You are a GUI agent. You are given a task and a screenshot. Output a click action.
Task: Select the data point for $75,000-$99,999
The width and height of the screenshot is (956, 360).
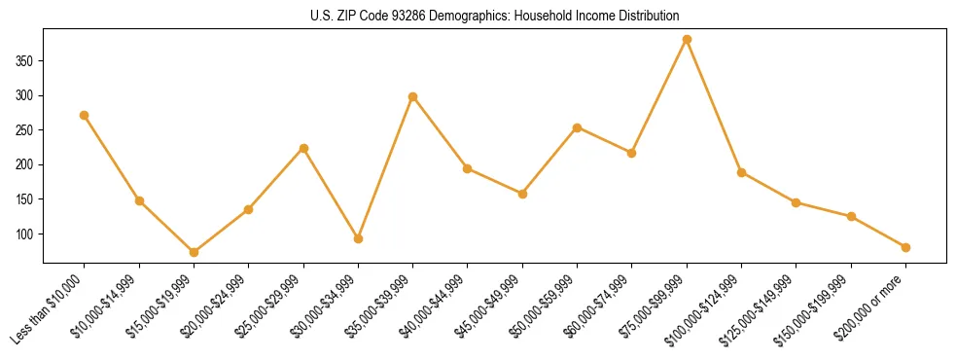(x=687, y=40)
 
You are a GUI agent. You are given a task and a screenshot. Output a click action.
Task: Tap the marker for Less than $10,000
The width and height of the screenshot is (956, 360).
(x=85, y=115)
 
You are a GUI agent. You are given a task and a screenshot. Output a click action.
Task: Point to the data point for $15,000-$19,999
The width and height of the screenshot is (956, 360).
(x=194, y=252)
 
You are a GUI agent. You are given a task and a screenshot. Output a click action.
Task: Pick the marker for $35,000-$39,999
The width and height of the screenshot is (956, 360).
(x=413, y=96)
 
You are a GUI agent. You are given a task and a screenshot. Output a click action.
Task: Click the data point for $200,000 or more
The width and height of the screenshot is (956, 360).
(x=906, y=247)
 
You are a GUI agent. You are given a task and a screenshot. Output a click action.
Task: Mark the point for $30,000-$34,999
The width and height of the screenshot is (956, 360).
(x=358, y=238)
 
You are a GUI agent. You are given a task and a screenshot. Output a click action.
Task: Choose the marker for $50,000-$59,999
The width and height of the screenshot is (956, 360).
(x=578, y=127)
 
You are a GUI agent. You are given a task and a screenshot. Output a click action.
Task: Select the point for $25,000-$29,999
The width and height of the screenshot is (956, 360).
(x=303, y=148)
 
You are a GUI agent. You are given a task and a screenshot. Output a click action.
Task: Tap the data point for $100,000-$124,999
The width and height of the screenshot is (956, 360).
(x=742, y=172)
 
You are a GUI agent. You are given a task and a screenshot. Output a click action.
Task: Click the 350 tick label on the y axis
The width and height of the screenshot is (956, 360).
(x=25, y=60)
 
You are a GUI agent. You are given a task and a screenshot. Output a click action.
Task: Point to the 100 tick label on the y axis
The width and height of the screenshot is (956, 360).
(x=25, y=234)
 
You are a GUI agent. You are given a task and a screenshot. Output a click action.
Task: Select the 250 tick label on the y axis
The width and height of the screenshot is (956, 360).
(x=25, y=129)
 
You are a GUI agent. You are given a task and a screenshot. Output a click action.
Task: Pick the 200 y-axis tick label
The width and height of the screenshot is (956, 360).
(x=25, y=164)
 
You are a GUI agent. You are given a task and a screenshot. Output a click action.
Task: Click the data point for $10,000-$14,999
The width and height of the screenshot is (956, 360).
(x=139, y=200)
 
